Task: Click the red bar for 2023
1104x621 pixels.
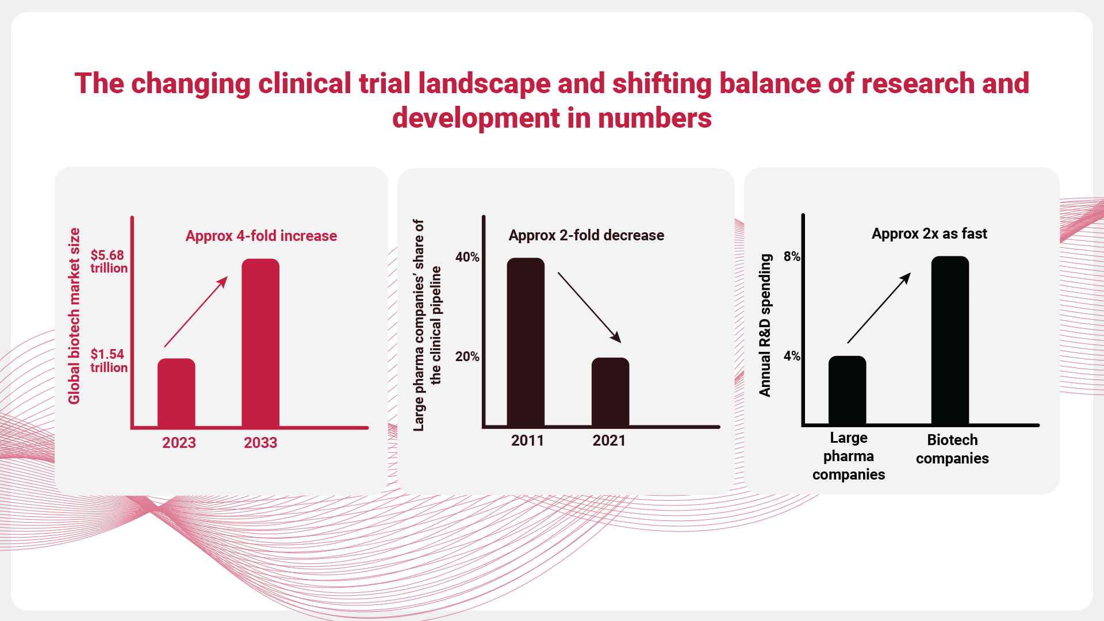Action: pyautogui.click(x=177, y=393)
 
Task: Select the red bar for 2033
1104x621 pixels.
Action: pyautogui.click(x=260, y=343)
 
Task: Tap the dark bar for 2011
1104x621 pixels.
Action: pyautogui.click(x=526, y=342)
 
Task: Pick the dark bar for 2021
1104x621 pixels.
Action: pyautogui.click(x=611, y=392)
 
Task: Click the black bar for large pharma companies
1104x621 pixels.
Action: pyautogui.click(x=848, y=390)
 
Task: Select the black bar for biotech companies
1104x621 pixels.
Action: pyautogui.click(x=950, y=340)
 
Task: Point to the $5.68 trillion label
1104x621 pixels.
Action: pyautogui.click(x=109, y=262)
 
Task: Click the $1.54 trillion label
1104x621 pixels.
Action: pyautogui.click(x=109, y=361)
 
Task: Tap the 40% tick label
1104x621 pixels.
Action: pyautogui.click(x=467, y=257)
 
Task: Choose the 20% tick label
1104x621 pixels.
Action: pyautogui.click(x=467, y=356)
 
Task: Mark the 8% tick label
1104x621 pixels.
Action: pyautogui.click(x=792, y=256)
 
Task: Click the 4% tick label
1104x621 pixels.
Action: pyautogui.click(x=792, y=356)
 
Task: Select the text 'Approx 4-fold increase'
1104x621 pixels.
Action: pyautogui.click(x=261, y=236)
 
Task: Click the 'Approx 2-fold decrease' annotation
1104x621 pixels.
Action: pyautogui.click(x=586, y=235)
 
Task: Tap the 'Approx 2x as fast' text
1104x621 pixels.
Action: pyautogui.click(x=929, y=233)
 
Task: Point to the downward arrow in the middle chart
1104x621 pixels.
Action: pyautogui.click(x=589, y=308)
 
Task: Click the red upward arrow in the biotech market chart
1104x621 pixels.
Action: pyautogui.click(x=196, y=312)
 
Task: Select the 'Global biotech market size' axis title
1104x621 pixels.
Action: pyautogui.click(x=74, y=316)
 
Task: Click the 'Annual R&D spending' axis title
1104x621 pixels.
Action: pyautogui.click(x=765, y=325)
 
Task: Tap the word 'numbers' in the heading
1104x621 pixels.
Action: pyautogui.click(x=655, y=118)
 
